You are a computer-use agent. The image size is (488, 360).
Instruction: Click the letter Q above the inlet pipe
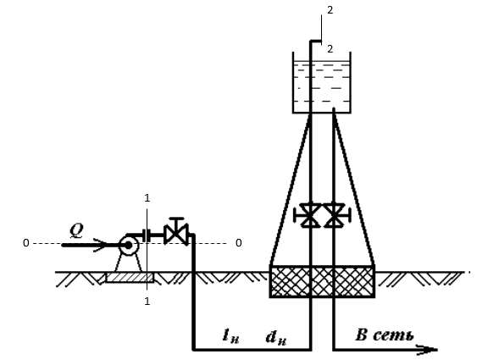76,230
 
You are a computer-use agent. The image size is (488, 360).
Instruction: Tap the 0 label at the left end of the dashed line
26,243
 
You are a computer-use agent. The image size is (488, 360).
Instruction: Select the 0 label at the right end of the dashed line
239,243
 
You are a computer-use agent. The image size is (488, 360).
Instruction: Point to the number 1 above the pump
147,198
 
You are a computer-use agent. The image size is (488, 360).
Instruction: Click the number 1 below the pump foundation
147,302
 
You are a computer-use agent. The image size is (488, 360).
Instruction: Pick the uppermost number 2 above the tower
330,10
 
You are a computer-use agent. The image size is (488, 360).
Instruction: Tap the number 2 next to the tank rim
330,49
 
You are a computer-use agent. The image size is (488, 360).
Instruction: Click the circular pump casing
129,246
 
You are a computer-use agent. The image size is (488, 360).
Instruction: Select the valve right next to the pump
176,232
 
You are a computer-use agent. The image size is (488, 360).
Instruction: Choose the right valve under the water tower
336,215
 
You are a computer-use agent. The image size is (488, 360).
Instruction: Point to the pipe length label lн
231,336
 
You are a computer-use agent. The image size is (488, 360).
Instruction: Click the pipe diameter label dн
276,337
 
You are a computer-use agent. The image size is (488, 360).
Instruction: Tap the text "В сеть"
385,335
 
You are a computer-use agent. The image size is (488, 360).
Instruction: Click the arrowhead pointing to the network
428,350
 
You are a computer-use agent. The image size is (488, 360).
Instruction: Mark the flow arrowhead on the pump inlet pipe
100,245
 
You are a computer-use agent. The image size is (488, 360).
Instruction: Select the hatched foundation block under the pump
130,278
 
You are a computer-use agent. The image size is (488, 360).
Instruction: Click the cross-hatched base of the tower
322,282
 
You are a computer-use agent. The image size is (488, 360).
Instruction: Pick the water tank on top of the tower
322,82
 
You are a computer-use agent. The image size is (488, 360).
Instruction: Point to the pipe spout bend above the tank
315,41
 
